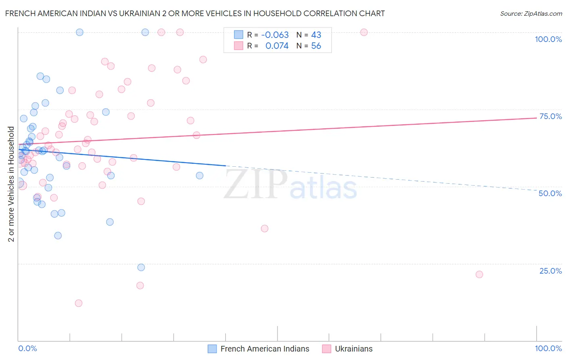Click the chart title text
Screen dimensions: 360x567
(x=195, y=13)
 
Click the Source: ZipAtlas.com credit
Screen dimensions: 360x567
(x=531, y=13)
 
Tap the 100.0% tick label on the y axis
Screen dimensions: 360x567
(x=548, y=39)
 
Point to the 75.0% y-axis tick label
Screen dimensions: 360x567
(x=550, y=116)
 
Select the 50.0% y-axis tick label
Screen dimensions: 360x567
(x=550, y=193)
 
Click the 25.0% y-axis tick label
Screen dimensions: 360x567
(x=550, y=270)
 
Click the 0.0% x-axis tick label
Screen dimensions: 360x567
(x=27, y=348)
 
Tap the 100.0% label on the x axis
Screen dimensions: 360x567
(x=548, y=348)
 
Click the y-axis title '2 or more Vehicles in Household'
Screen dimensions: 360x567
(x=11, y=184)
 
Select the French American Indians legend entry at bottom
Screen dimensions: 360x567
(x=259, y=349)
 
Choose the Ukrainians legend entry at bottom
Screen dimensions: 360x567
(x=348, y=349)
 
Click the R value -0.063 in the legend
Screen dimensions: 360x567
(x=275, y=35)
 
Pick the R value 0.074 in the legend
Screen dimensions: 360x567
(x=277, y=46)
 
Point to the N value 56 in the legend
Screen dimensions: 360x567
(x=316, y=46)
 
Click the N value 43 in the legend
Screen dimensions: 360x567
(x=316, y=35)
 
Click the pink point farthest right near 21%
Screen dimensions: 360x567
(x=479, y=274)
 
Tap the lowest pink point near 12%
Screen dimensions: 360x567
(x=79, y=303)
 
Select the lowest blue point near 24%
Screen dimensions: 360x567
(x=141, y=267)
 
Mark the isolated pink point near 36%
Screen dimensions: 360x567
(x=265, y=228)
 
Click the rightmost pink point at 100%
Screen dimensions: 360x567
(x=364, y=32)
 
